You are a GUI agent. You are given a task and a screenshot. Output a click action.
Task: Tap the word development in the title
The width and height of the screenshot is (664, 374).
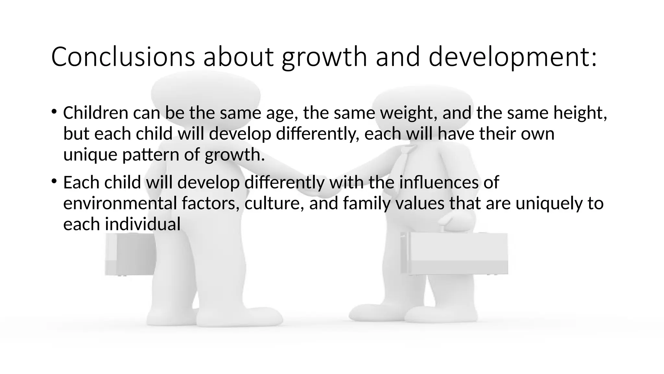(512, 57)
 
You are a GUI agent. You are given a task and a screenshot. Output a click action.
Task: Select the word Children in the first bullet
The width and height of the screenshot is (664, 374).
(96, 113)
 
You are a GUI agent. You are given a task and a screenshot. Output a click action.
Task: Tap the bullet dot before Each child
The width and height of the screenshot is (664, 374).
(54, 181)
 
